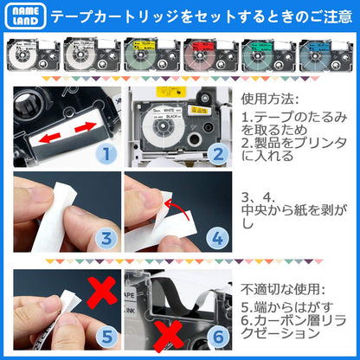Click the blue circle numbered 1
point(106,155)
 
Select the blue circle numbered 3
point(105,240)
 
